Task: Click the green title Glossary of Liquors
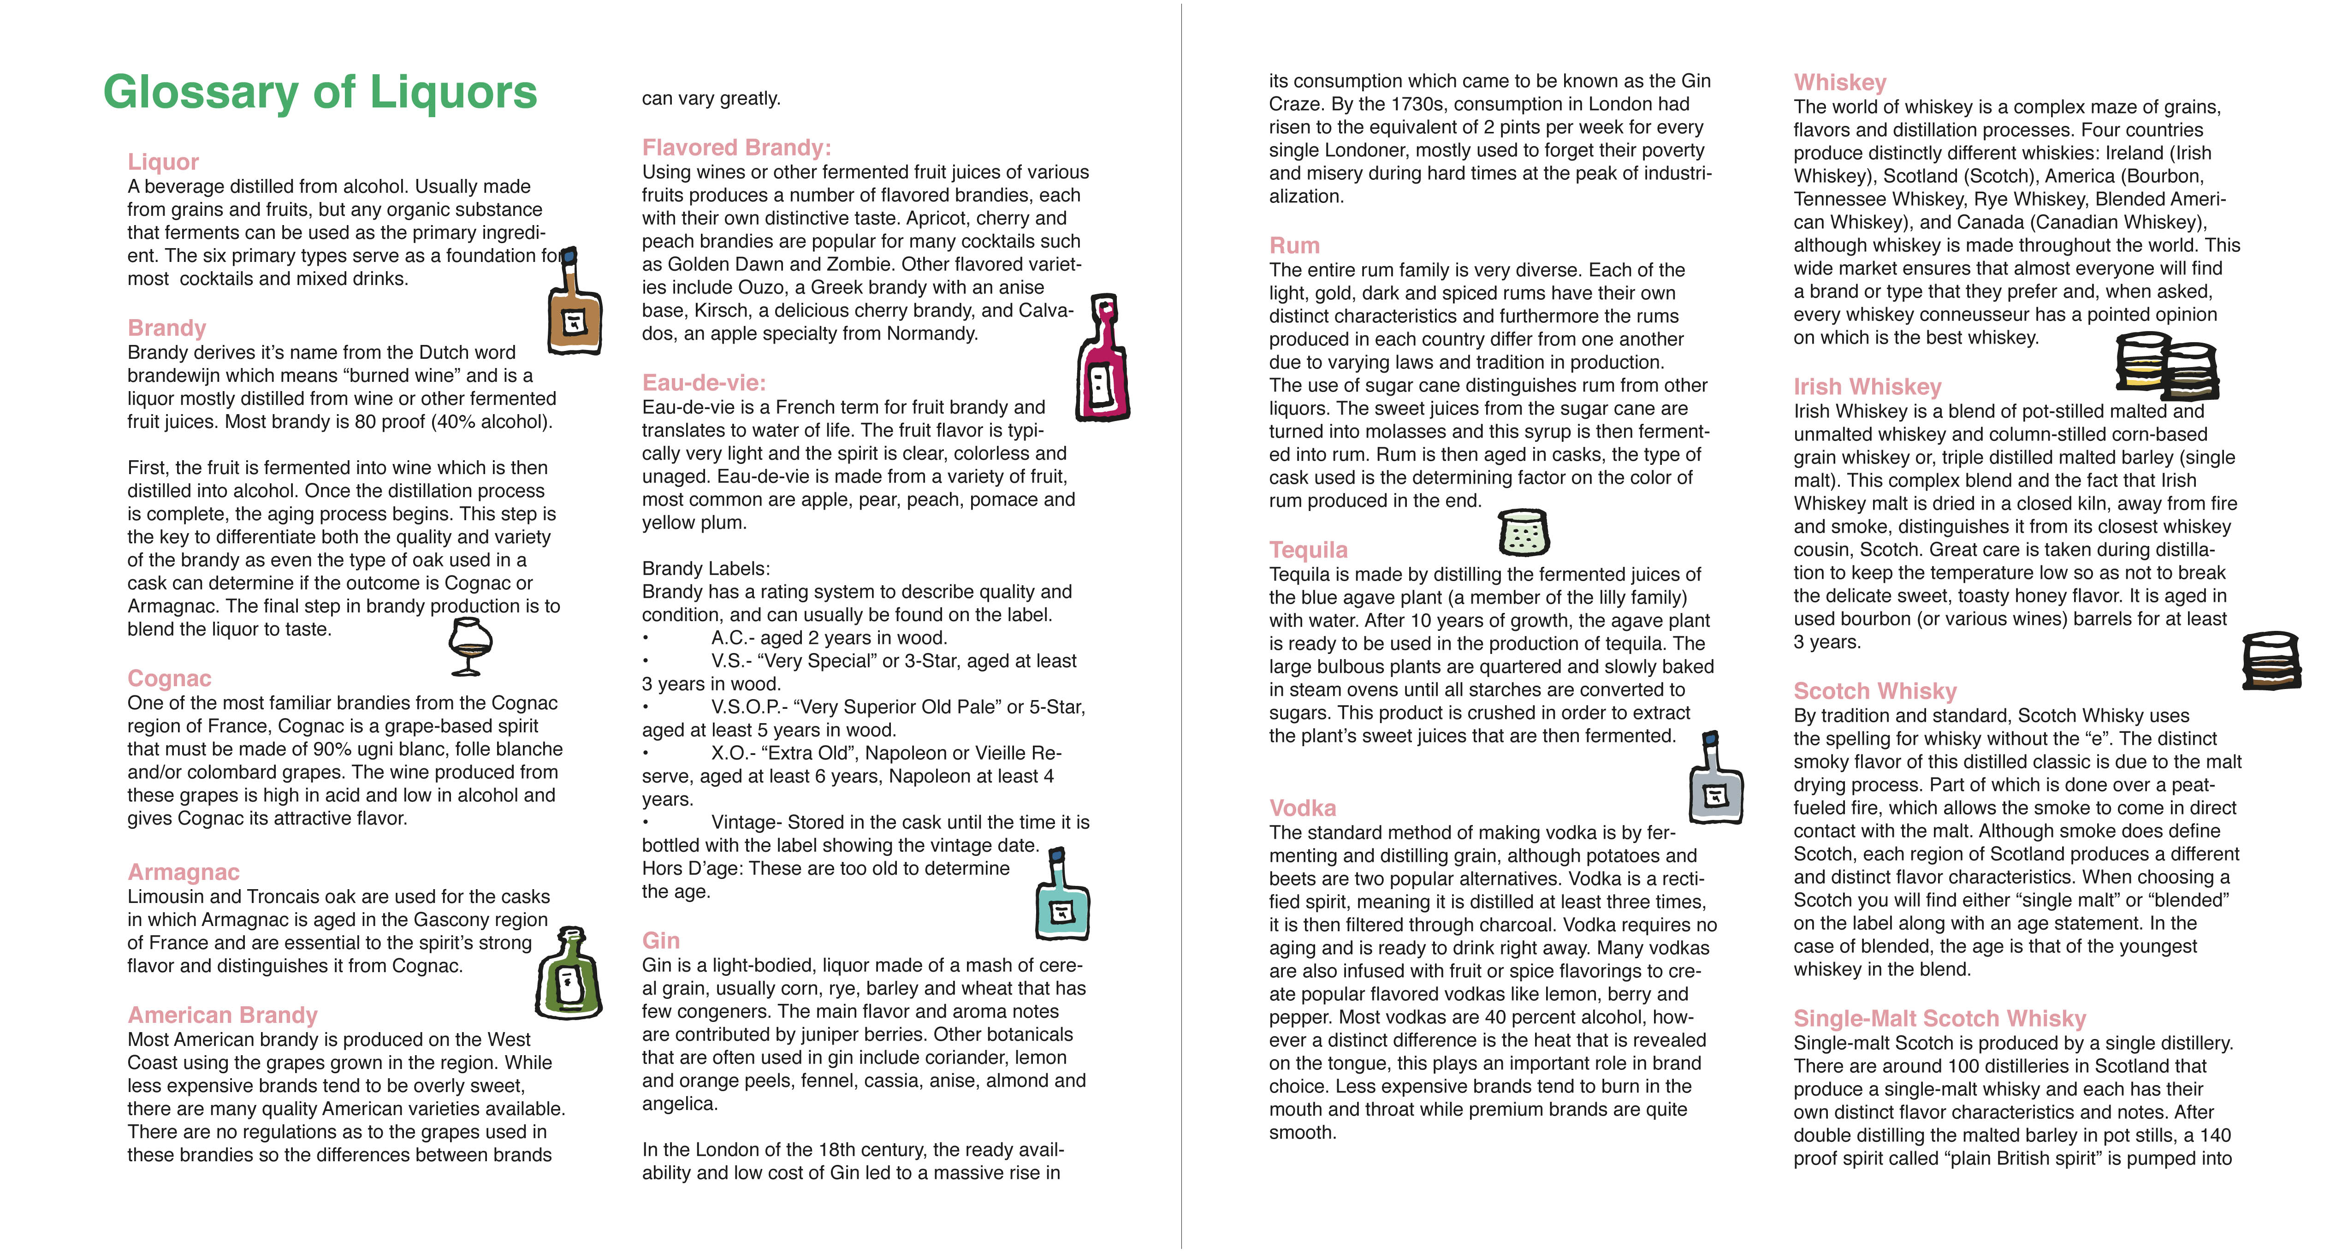pyautogui.click(x=320, y=93)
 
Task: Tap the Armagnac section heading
pyautogui.click(x=184, y=872)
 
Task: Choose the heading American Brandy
pyautogui.click(x=223, y=1015)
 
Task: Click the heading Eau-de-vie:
pyautogui.click(x=704, y=383)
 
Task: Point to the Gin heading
pyautogui.click(x=661, y=940)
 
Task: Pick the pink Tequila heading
pyautogui.click(x=1308, y=550)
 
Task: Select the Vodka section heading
pyautogui.click(x=1303, y=808)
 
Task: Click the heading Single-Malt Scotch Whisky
pyautogui.click(x=1939, y=1018)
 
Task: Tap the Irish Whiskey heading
pyautogui.click(x=1868, y=386)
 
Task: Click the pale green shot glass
pyautogui.click(x=1523, y=532)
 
